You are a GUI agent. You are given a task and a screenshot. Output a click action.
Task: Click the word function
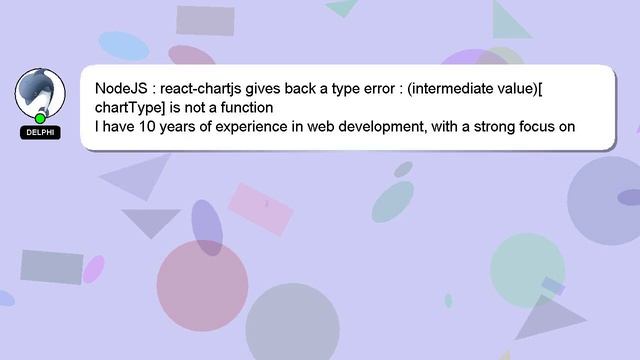click(243, 107)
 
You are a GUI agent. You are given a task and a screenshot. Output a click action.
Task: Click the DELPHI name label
click(40, 132)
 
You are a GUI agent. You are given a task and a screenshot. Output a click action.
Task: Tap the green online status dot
click(40, 119)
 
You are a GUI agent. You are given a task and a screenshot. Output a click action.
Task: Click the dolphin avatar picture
click(40, 93)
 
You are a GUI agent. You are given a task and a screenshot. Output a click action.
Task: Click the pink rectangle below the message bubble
click(262, 208)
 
